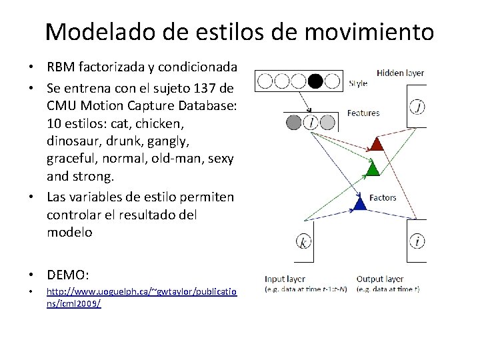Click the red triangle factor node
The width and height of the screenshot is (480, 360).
pyautogui.click(x=377, y=143)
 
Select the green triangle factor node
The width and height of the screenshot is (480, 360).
pyautogui.click(x=373, y=169)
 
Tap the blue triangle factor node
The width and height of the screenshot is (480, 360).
pyautogui.click(x=360, y=203)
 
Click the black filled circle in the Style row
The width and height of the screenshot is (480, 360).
pyautogui.click(x=315, y=81)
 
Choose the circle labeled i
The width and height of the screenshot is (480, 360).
pyautogui.click(x=417, y=241)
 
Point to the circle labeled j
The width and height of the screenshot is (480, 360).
pyautogui.click(x=417, y=106)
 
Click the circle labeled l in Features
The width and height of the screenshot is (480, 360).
pyautogui.click(x=311, y=122)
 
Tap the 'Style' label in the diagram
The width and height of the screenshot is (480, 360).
pyautogui.click(x=357, y=84)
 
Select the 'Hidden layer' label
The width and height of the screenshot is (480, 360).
pyautogui.click(x=400, y=73)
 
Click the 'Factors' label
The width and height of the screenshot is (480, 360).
pyautogui.click(x=383, y=197)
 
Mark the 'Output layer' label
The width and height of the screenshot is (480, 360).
pyautogui.click(x=380, y=279)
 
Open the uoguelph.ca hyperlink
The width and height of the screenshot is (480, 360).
pyautogui.click(x=141, y=297)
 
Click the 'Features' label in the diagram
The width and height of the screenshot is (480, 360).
pyautogui.click(x=363, y=113)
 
